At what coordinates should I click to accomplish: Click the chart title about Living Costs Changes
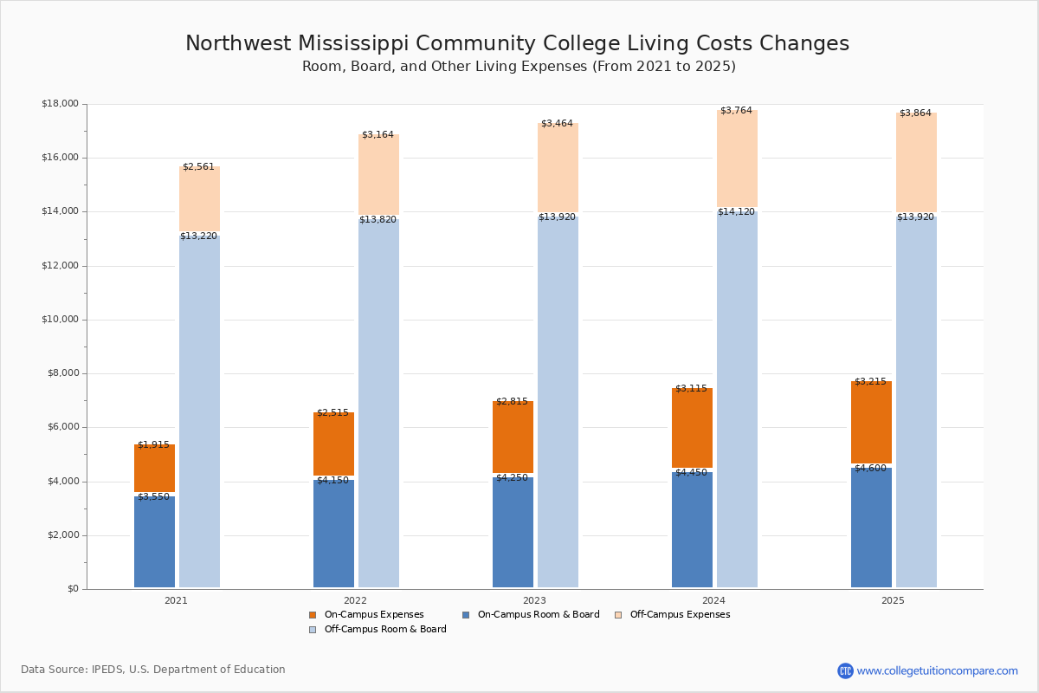tap(517, 43)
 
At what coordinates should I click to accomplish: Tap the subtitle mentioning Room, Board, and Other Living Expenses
tap(519, 67)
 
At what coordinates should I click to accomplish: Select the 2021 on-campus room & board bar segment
tap(154, 542)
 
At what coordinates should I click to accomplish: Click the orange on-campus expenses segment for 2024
tap(692, 428)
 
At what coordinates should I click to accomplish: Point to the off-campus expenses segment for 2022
tap(378, 175)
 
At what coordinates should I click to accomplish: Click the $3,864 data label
tap(915, 113)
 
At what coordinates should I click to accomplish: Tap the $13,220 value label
tap(198, 236)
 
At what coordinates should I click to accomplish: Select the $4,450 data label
tap(691, 473)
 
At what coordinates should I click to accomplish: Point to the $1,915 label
tap(153, 445)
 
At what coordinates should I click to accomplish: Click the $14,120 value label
tap(736, 212)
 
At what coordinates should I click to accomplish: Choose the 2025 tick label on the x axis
tap(893, 600)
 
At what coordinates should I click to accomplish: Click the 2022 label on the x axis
tap(355, 600)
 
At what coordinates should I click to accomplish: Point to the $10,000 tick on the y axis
tap(60, 320)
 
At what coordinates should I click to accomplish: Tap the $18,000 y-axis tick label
tap(60, 104)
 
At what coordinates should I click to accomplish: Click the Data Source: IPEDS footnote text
tap(153, 670)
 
